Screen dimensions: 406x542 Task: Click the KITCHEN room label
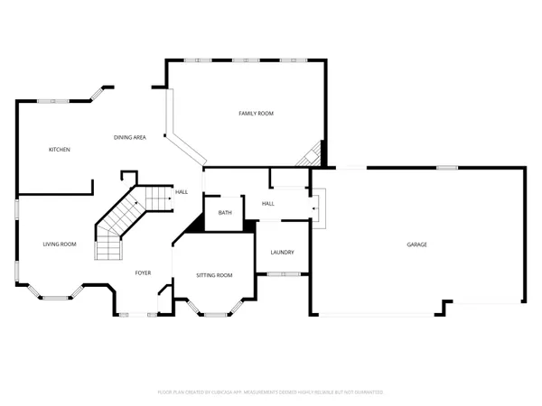[60, 149]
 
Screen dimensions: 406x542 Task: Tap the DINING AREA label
[130, 137]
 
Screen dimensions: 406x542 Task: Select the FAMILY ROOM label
[256, 113]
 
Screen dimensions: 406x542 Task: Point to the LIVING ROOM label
[60, 245]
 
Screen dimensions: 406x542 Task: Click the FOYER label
[143, 272]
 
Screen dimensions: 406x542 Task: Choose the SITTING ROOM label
[214, 275]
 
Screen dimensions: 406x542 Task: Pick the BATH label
[225, 213]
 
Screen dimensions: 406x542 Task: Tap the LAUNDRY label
[282, 252]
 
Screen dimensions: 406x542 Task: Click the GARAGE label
[416, 245]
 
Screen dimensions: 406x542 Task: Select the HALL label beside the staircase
[182, 191]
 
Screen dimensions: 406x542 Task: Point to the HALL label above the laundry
[268, 204]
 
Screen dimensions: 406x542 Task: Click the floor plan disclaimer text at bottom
[271, 392]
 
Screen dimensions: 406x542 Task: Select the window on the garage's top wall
[445, 168]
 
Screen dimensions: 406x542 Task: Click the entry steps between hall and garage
[317, 205]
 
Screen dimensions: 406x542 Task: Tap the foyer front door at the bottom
[136, 314]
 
